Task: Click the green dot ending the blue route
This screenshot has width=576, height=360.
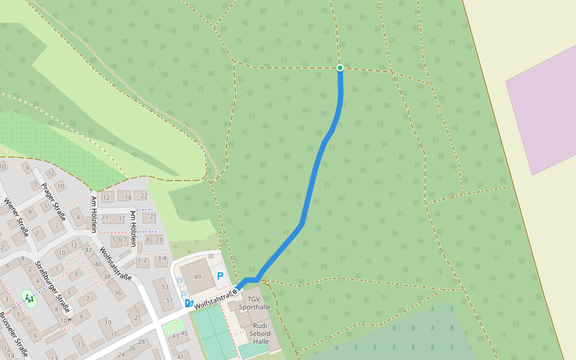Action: [340, 68]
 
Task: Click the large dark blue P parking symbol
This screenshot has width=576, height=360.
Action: [220, 276]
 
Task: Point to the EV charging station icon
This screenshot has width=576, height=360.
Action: [188, 304]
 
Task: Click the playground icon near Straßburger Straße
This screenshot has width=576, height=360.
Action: [28, 297]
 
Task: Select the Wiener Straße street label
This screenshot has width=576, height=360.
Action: [16, 217]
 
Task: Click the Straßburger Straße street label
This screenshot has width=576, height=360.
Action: [53, 286]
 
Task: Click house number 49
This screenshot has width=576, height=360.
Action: [197, 276]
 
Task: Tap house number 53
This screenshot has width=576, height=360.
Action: [165, 287]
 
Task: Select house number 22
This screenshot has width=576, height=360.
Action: [143, 196]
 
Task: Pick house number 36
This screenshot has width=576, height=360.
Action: [118, 293]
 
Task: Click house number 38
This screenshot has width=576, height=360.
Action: [107, 277]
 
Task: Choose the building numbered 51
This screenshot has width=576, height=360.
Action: [169, 301]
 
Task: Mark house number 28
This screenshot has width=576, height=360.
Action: [141, 342]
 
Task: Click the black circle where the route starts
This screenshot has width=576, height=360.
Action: [235, 291]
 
